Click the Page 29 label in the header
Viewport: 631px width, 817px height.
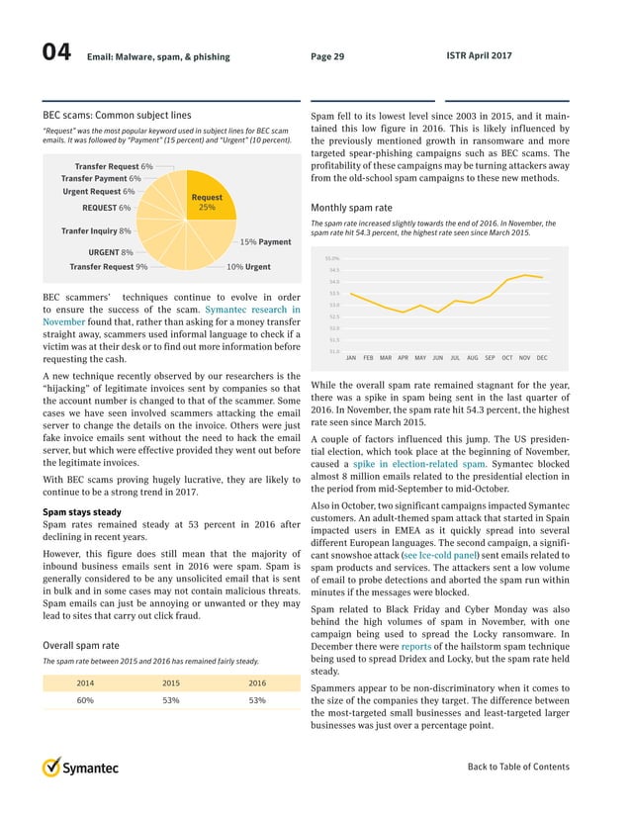click(x=327, y=56)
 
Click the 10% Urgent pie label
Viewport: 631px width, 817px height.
click(x=248, y=267)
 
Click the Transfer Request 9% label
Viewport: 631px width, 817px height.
click(x=109, y=267)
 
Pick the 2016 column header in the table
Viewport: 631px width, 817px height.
click(x=257, y=682)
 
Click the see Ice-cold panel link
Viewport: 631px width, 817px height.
click(x=441, y=558)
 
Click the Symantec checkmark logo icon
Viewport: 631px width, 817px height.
click(x=52, y=768)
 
